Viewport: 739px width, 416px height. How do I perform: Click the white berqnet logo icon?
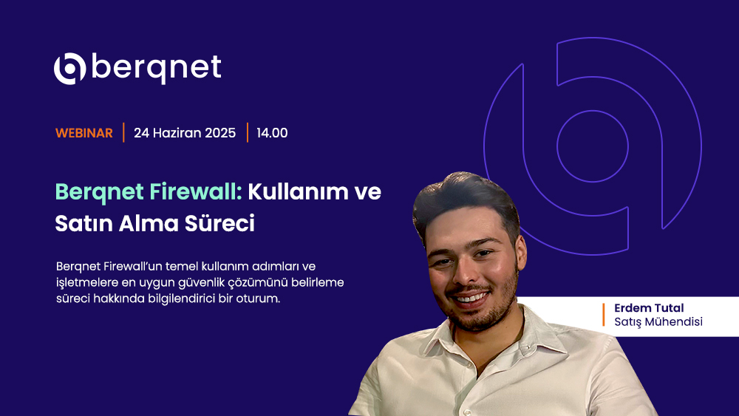point(69,69)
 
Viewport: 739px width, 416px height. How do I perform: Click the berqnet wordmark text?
point(157,68)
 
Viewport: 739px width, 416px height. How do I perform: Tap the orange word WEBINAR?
point(84,133)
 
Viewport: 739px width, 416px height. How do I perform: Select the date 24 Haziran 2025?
point(185,133)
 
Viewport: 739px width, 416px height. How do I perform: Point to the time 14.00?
point(272,133)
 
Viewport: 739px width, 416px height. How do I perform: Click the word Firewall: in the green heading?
point(196,192)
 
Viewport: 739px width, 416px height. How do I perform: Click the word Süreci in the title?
point(219,223)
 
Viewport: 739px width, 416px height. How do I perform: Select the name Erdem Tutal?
point(649,308)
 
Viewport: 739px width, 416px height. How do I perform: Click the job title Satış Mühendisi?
point(658,321)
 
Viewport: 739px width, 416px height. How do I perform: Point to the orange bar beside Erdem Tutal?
point(603,315)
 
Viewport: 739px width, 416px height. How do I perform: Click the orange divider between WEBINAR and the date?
point(123,132)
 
